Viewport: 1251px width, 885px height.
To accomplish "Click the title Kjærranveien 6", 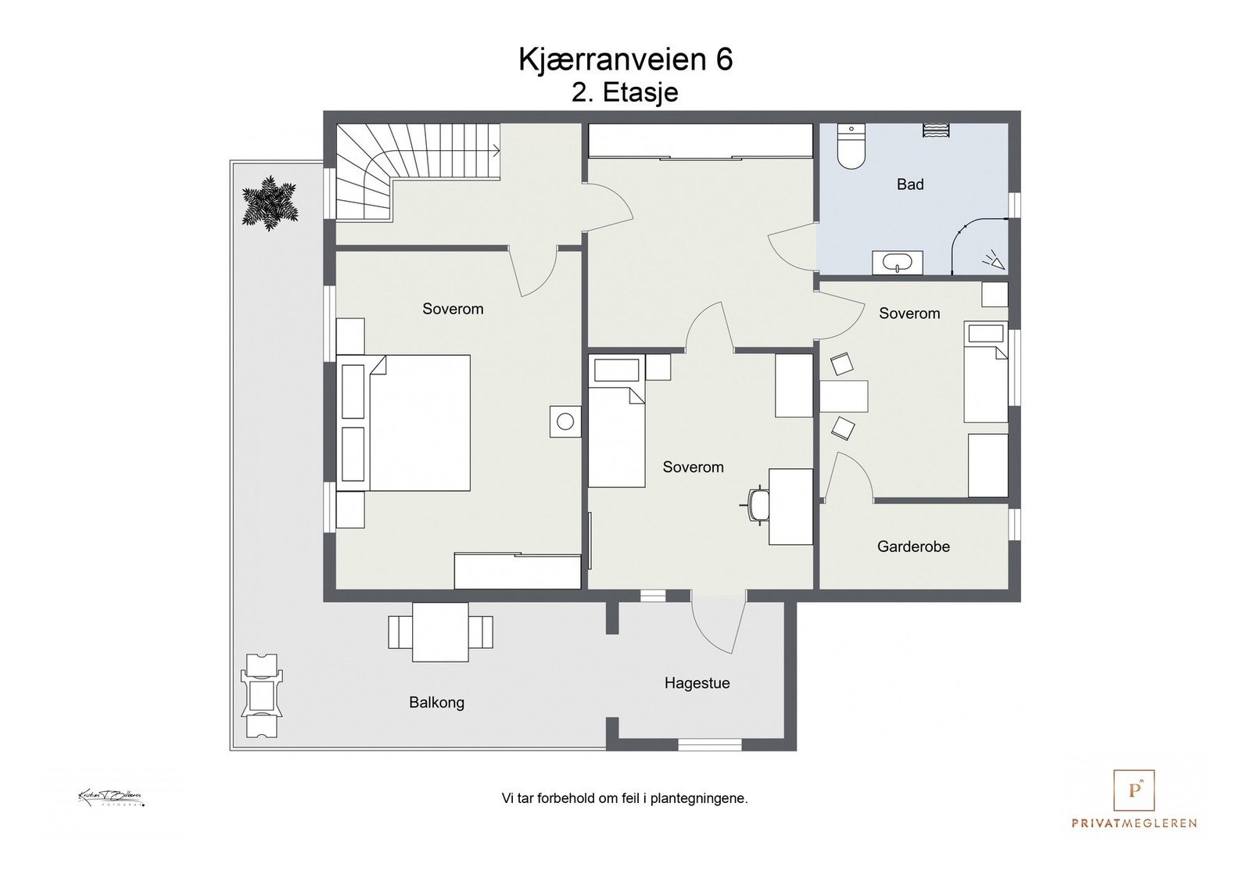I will coord(625,59).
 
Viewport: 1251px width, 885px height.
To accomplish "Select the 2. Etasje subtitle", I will coord(625,92).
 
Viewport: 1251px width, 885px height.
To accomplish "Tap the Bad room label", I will coord(910,185).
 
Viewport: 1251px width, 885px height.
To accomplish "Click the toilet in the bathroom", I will coord(850,148).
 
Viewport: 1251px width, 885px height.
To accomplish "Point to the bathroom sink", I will coord(898,263).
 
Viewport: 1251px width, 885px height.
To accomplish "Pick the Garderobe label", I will coord(913,546).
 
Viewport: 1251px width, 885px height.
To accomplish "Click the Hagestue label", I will coord(697,683).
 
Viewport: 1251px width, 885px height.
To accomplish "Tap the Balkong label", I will coord(436,702).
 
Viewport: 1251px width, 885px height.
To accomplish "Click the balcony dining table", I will coord(440,632).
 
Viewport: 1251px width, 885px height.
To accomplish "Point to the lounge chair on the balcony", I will coord(262,695).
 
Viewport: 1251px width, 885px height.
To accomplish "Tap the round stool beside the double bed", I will coord(565,422).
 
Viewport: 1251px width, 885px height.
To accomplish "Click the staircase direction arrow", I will coord(494,150).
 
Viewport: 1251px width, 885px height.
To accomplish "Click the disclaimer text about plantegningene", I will coord(625,798).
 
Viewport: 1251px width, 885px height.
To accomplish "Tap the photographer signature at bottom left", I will coord(111,798).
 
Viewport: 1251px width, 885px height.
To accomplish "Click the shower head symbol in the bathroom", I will coord(993,260).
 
